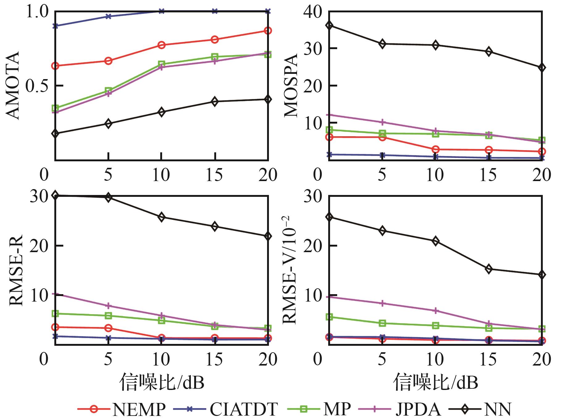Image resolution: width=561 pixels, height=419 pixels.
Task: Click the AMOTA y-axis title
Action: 13,86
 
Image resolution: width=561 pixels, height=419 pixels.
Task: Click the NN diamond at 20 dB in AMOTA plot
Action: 268,99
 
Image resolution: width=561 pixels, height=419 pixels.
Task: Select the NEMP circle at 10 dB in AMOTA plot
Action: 161,45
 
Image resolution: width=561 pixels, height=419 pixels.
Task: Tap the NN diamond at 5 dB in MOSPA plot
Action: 383,44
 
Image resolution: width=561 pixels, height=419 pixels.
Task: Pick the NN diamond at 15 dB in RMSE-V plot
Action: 489,269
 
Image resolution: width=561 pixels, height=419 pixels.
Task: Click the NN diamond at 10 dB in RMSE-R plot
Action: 161,217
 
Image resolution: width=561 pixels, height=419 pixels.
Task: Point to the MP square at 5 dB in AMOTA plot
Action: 108,91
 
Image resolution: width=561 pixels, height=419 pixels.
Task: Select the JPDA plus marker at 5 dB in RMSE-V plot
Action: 383,303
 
